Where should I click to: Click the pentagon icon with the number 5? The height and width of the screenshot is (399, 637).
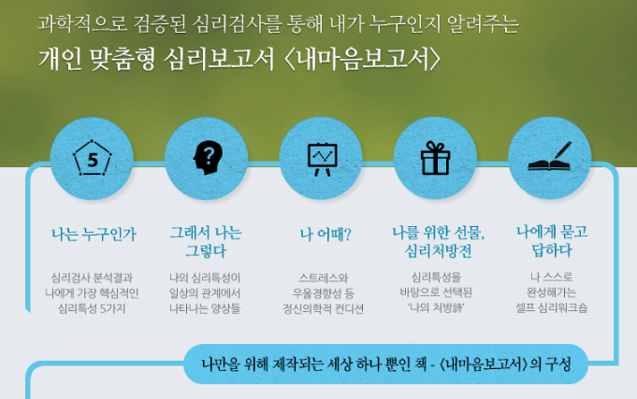(x=93, y=158)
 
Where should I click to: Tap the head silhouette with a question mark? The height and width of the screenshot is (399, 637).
(x=208, y=158)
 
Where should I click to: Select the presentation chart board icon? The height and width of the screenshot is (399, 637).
(x=322, y=159)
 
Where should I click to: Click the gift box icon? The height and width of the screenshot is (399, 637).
(x=435, y=158)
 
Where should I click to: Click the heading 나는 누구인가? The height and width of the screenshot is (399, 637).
(x=94, y=235)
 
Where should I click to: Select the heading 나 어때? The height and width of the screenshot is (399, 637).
(x=326, y=235)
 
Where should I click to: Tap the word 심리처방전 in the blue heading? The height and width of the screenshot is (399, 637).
(x=438, y=251)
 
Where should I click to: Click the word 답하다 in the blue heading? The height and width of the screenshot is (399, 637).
(x=552, y=250)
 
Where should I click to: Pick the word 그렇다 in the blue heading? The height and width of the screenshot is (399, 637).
(x=206, y=250)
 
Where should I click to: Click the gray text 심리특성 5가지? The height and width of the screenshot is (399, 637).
(x=92, y=309)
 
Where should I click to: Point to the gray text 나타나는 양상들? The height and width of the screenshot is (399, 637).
(x=205, y=308)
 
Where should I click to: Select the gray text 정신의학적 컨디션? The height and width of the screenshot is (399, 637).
(x=323, y=309)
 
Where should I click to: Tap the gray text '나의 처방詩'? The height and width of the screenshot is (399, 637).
(x=436, y=307)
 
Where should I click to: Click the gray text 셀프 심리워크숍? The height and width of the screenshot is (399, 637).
(x=551, y=307)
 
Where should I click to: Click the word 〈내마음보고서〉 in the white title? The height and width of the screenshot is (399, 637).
(x=363, y=60)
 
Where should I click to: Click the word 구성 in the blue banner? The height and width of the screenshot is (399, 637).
(x=558, y=364)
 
